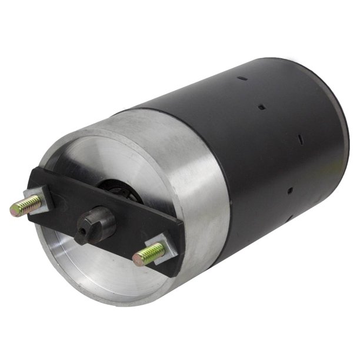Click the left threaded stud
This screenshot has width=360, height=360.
[x=26, y=206]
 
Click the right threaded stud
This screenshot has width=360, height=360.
[x=151, y=253]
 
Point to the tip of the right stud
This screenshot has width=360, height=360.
[x=137, y=258]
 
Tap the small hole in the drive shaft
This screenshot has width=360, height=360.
[x=84, y=231]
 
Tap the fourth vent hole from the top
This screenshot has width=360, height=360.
[x=290, y=190]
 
